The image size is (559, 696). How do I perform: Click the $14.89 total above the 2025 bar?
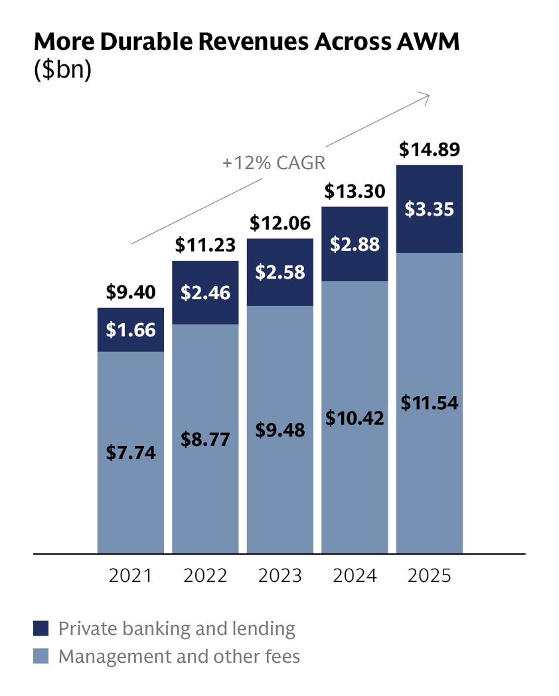[x=430, y=149]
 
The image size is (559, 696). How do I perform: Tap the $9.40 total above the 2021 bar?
[x=131, y=292]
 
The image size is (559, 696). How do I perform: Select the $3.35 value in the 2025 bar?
[x=430, y=210]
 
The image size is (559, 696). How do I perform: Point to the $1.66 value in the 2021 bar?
[x=131, y=329]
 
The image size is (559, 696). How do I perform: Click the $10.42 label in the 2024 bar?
[x=355, y=417]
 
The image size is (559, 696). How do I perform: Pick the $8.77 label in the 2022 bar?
[x=205, y=439]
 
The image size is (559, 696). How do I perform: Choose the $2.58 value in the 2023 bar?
[x=280, y=273]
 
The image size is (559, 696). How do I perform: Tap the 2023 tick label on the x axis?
[x=280, y=575]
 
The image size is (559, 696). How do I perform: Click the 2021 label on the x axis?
[x=131, y=575]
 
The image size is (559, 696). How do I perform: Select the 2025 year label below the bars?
[x=430, y=575]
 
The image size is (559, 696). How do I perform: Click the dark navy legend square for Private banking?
[x=41, y=628]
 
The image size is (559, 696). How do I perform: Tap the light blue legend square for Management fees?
[x=41, y=657]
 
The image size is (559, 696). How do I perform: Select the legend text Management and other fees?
[x=179, y=657]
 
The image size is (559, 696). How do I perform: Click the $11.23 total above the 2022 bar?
[x=205, y=245]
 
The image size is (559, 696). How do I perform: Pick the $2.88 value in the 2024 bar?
[x=355, y=244]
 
